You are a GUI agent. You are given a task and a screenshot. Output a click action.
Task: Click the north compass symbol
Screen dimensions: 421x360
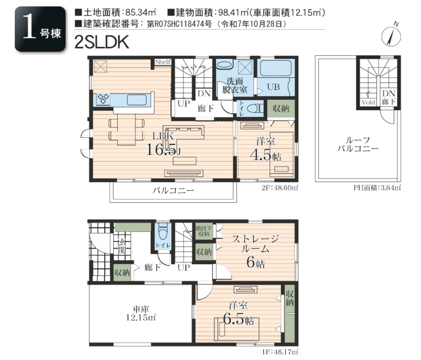[x=391, y=36]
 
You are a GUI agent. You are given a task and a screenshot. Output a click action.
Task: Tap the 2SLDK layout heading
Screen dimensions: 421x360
[x=102, y=42]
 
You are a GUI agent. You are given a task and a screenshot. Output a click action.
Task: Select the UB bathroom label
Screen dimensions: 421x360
[x=273, y=87]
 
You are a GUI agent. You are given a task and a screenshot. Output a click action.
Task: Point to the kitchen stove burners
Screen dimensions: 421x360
[x=103, y=98]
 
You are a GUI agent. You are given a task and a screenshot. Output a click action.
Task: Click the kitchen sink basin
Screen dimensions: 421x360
[x=137, y=100]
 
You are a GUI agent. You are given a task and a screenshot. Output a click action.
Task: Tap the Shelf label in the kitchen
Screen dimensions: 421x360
[x=163, y=62]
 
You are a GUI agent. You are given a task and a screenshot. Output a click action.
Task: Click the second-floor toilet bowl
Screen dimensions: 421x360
[x=254, y=108]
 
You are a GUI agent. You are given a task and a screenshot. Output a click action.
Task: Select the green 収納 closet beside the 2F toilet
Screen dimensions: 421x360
[x=281, y=108]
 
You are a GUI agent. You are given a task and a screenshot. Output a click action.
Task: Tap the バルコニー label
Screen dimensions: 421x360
[x=173, y=191]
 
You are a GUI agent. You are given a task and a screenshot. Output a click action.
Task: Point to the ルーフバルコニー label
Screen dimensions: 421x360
[x=358, y=144]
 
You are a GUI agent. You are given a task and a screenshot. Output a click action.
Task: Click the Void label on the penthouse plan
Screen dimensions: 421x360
[x=368, y=102]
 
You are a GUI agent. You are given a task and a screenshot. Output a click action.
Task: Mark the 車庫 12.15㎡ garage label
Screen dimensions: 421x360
[x=141, y=314]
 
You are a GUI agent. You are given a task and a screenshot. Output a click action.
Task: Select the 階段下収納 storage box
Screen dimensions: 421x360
[x=204, y=231]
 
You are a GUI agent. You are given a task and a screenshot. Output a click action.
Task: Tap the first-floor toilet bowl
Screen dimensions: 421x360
[x=162, y=232]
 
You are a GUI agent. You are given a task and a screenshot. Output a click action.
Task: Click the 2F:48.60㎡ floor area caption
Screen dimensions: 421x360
[x=280, y=188]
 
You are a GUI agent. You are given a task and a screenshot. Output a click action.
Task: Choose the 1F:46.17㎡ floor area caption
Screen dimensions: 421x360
[x=280, y=352]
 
